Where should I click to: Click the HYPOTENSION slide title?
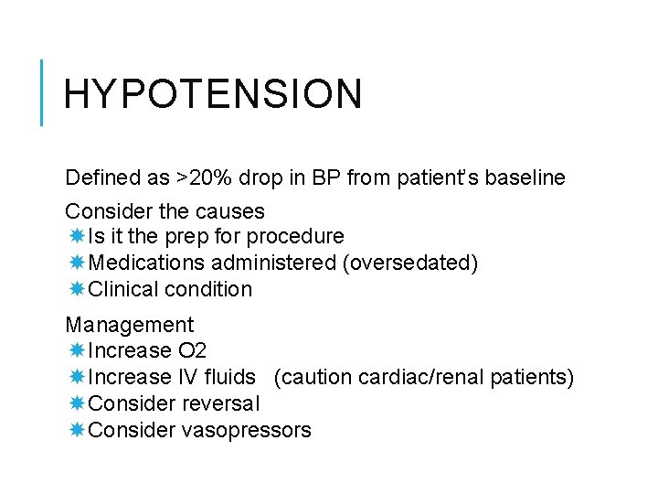click(213, 94)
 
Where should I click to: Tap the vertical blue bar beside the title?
click(42, 91)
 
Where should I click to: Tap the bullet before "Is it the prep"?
click(77, 237)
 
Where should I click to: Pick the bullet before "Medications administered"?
click(77, 263)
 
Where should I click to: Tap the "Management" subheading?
click(130, 325)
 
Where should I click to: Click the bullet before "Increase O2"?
click(77, 350)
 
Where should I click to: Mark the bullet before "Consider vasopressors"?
click(77, 430)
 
